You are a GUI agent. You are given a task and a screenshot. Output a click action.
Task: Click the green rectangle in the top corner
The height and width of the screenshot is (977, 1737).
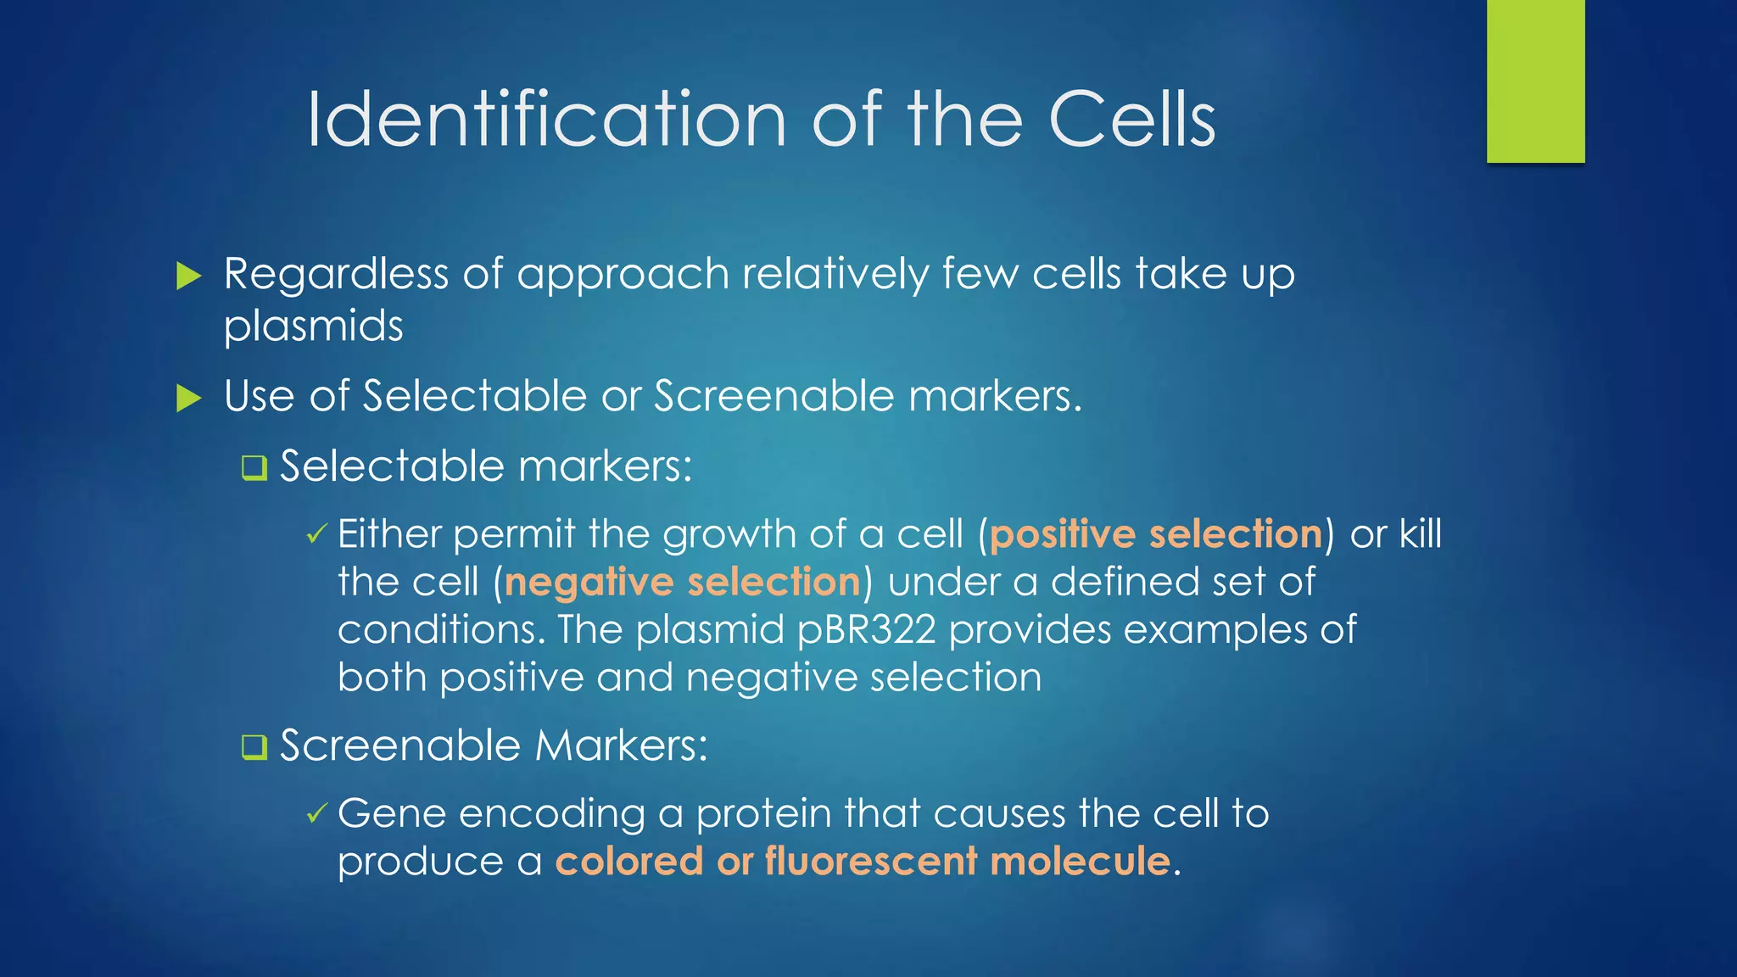(1535, 81)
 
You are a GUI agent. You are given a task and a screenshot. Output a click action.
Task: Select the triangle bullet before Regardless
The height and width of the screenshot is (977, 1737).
(188, 276)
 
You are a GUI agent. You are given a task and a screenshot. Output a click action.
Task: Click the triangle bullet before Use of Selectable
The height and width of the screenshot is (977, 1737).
(188, 398)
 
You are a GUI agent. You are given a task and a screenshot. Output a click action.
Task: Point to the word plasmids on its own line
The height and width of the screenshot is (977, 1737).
(313, 327)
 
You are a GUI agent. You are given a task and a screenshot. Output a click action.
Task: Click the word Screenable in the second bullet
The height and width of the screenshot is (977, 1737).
(774, 396)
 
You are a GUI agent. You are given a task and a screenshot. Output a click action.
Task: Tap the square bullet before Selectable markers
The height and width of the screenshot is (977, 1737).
(254, 467)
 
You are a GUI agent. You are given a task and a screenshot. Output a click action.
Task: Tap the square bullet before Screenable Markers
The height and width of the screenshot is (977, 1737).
(254, 746)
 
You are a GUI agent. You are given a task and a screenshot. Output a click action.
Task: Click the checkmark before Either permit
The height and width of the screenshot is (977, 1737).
(316, 534)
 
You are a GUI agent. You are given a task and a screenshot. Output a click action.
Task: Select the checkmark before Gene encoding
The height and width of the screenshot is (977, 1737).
(316, 814)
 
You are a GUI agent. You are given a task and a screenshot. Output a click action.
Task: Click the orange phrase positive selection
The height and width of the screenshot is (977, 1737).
(1155, 534)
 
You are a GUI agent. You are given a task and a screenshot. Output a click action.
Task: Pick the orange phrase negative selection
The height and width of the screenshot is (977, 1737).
(682, 582)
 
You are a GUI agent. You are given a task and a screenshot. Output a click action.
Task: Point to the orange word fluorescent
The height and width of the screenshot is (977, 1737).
(871, 861)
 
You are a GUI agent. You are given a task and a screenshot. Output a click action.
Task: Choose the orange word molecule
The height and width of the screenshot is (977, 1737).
(1080, 861)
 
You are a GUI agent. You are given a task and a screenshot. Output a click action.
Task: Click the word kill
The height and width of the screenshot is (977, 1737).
(1420, 534)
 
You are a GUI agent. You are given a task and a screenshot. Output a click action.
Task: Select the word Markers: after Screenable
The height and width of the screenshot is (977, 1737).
(621, 746)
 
